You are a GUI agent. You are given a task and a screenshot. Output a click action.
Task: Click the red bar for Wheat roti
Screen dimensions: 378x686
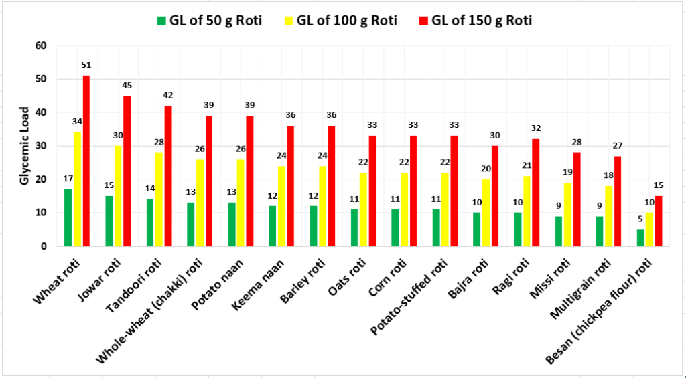[86, 161]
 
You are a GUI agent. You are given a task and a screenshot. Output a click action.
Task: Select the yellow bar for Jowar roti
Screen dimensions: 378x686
[119, 196]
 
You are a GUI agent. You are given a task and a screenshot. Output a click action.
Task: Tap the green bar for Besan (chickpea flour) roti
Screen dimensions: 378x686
[640, 238]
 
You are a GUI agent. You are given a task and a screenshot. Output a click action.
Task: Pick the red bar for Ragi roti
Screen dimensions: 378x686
[536, 193]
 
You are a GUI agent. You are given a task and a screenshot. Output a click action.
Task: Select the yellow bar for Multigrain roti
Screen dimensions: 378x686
[608, 216]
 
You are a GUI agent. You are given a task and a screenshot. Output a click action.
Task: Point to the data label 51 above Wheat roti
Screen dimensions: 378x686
[86, 65]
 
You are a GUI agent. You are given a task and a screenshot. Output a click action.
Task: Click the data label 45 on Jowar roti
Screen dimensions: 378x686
[127, 85]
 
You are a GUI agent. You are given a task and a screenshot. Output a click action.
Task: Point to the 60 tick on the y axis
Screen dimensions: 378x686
[42, 45]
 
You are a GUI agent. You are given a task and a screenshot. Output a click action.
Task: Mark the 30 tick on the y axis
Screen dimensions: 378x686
[42, 146]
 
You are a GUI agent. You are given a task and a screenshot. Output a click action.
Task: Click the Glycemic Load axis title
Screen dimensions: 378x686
[23, 146]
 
